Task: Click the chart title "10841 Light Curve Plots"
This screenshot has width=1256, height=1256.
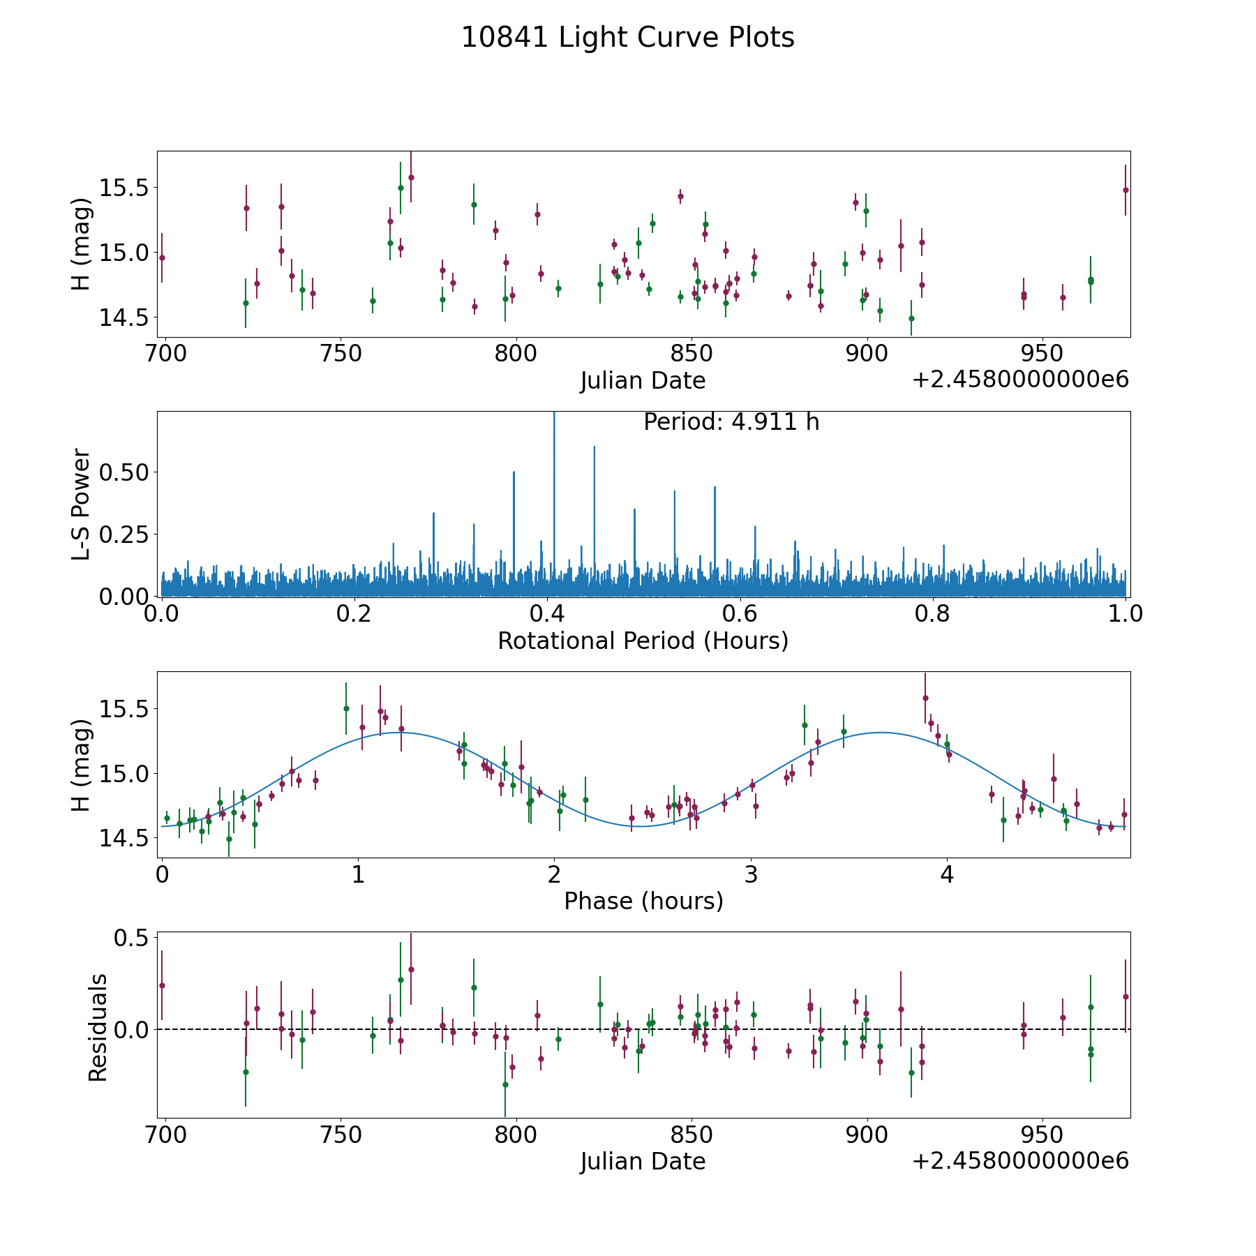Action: [627, 38]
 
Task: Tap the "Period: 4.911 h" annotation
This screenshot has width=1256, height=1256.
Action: [731, 422]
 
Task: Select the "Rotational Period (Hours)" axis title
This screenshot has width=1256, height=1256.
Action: [643, 641]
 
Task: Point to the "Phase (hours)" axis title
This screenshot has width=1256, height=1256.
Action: [643, 901]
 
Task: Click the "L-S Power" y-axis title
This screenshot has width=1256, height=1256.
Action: [82, 504]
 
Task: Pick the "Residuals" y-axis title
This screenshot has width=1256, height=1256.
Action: [98, 1027]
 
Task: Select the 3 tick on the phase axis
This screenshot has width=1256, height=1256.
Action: [751, 874]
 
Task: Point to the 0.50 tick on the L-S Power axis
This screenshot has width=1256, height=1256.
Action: [125, 472]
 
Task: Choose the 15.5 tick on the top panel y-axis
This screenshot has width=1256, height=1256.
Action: [125, 188]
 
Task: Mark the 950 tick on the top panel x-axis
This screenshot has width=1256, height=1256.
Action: [1042, 353]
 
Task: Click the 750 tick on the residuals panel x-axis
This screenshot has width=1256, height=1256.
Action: [340, 1134]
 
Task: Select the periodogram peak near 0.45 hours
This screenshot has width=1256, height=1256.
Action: [594, 448]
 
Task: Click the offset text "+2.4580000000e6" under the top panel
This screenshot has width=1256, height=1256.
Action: [1020, 380]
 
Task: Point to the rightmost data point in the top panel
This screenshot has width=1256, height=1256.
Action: [1125, 190]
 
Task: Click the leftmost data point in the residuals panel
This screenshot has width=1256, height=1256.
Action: [162, 985]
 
